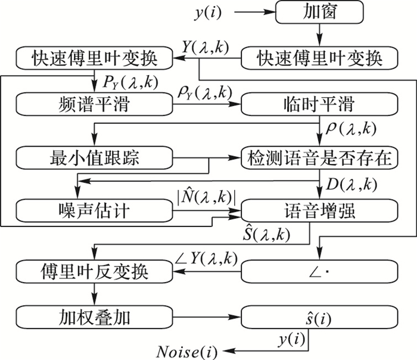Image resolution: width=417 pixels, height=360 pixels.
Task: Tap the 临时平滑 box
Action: click(x=319, y=105)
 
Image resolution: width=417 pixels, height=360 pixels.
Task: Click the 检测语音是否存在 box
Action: click(x=319, y=158)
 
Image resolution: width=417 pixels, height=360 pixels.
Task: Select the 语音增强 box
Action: click(x=319, y=210)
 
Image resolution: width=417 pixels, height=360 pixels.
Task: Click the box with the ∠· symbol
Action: click(x=319, y=272)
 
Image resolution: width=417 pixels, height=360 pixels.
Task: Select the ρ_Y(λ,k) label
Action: click(x=204, y=92)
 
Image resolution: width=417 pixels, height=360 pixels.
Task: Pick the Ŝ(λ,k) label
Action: click(x=262, y=235)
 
